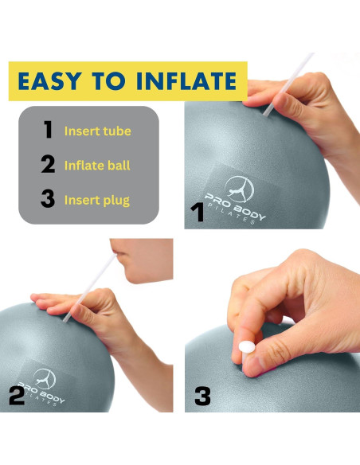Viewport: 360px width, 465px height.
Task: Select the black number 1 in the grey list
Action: pos(49,130)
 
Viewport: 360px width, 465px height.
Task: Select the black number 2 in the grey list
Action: pos(49,165)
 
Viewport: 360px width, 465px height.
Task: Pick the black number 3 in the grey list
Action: pos(49,199)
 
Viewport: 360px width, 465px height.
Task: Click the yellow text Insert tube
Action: pos(97,131)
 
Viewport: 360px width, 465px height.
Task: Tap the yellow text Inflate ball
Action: pos(97,166)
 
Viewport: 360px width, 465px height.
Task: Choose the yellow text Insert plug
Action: pos(97,200)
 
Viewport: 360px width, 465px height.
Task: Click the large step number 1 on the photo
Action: pos(198,212)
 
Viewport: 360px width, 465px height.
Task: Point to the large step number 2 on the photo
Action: pos(17,395)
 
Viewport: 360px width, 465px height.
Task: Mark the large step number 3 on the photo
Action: pos(202,395)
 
